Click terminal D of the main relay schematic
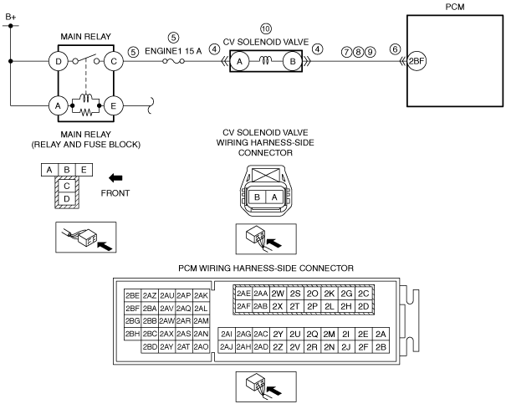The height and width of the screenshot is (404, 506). [59, 61]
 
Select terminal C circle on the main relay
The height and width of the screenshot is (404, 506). [114, 61]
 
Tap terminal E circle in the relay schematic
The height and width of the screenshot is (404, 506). [114, 106]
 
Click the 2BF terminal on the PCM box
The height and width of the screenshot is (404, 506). [417, 61]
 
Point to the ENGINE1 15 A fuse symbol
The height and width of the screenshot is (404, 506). [173, 61]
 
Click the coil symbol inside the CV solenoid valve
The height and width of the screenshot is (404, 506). [266, 60]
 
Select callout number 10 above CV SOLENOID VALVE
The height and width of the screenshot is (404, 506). [266, 28]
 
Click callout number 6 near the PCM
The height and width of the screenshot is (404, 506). [395, 49]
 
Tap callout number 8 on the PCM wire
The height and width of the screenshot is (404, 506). [358, 52]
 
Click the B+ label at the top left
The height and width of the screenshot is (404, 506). [11, 17]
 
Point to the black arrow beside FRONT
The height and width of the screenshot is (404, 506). [115, 178]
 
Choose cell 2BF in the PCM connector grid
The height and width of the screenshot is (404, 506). [132, 308]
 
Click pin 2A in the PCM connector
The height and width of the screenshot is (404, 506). [381, 335]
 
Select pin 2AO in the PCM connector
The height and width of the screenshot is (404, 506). [201, 347]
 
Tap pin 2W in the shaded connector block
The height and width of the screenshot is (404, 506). [278, 294]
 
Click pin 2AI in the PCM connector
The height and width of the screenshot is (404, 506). [227, 335]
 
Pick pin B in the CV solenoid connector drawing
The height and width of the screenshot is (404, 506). [257, 197]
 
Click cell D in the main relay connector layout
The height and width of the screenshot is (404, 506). [67, 199]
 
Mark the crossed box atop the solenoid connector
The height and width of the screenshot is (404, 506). [265, 175]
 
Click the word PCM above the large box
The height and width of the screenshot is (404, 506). [455, 7]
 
